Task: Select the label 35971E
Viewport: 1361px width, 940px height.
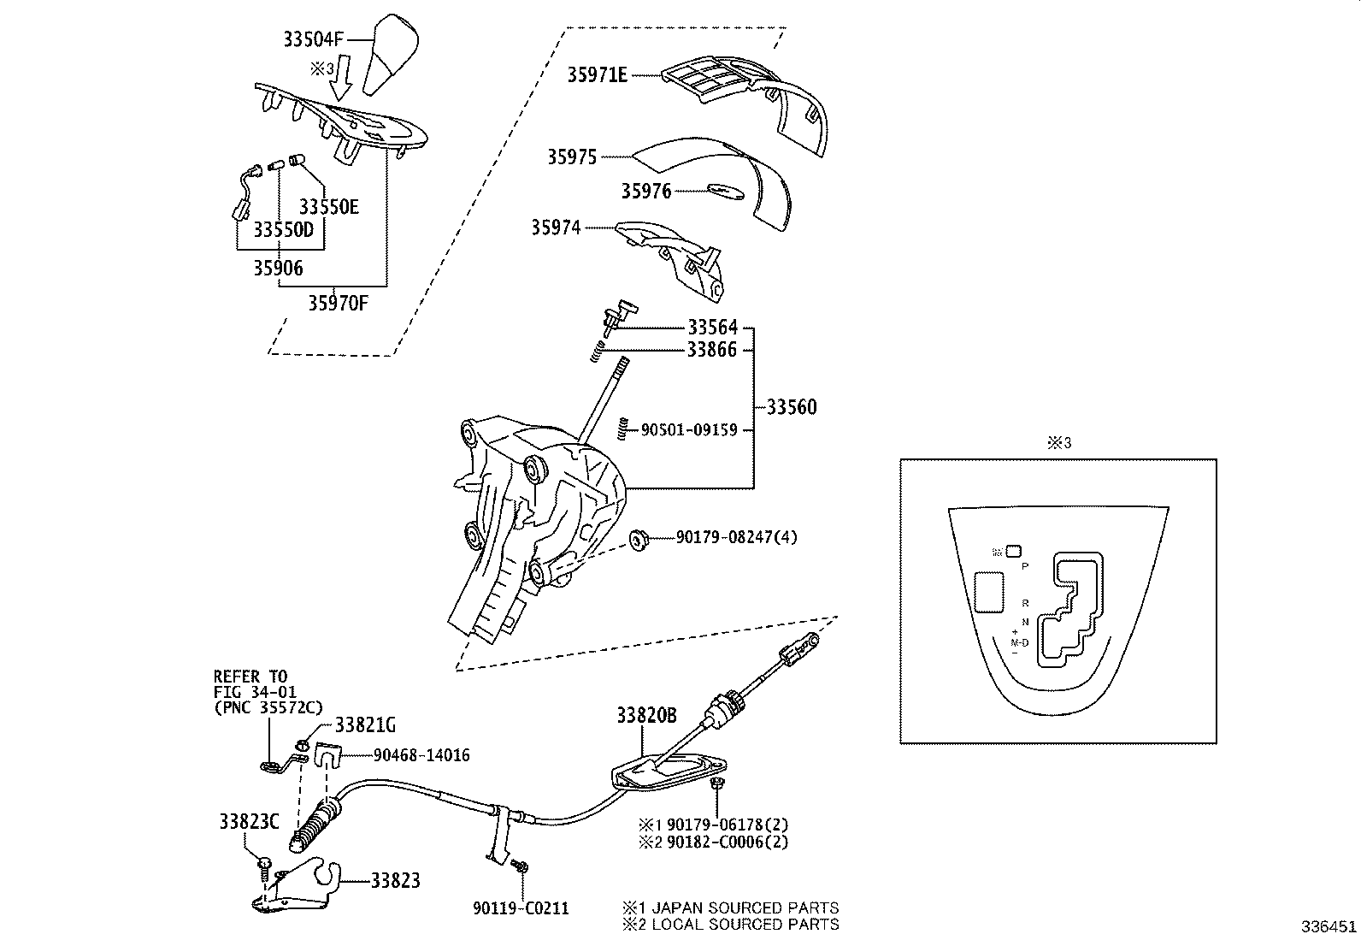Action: click(x=598, y=75)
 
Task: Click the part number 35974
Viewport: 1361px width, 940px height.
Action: click(x=556, y=228)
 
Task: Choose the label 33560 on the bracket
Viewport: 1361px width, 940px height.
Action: click(x=791, y=407)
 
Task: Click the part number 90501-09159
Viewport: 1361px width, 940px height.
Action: click(x=689, y=430)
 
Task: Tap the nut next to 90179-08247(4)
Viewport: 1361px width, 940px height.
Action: click(x=637, y=540)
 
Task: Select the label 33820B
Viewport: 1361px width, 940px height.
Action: click(x=647, y=716)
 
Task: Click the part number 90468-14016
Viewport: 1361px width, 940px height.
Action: click(x=421, y=755)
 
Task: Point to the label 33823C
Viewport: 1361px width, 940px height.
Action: click(x=249, y=822)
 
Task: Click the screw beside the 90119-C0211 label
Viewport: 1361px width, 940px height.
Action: click(x=519, y=867)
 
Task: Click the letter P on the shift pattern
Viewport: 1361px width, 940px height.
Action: click(x=1025, y=566)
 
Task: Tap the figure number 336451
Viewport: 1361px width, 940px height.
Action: click(x=1328, y=927)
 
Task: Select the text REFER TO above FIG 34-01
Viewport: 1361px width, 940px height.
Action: click(x=250, y=677)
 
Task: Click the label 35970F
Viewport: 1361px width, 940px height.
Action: click(x=338, y=303)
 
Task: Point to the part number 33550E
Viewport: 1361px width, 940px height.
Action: click(x=328, y=207)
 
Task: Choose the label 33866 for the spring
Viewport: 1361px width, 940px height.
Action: click(x=712, y=349)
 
